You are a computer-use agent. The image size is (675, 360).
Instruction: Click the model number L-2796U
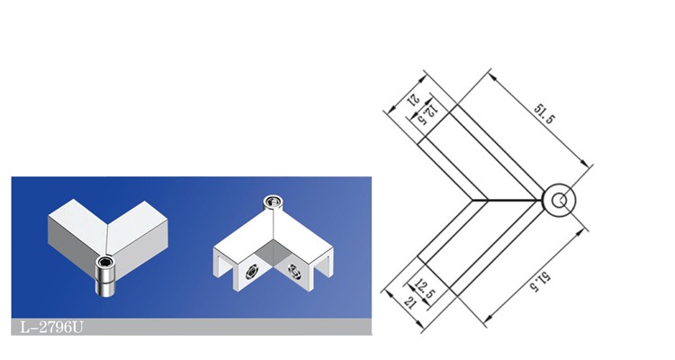coord(51,328)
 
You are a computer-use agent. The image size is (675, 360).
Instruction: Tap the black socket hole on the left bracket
coord(105,260)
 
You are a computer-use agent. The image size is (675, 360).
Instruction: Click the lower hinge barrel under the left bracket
coord(104,287)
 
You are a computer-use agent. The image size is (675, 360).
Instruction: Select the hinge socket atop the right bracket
coord(273,202)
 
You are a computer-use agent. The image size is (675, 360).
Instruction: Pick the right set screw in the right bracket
coord(294,272)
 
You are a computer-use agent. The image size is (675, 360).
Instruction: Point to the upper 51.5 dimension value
coord(544,113)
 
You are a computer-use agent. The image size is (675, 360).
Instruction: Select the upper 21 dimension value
coord(414,100)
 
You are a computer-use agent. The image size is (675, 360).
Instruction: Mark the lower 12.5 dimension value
coord(426,289)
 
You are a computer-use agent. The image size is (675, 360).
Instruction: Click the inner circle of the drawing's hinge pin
coord(559,201)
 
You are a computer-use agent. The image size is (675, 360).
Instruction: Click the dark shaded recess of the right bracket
coord(273,256)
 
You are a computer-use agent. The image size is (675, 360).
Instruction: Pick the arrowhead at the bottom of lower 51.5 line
coord(488,319)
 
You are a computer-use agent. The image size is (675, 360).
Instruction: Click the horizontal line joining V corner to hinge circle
coord(507,200)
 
